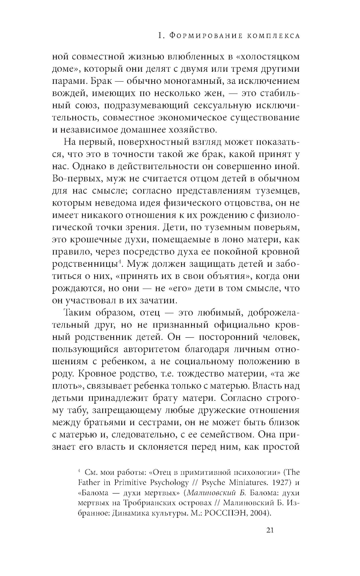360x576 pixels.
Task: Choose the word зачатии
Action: point(159,300)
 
